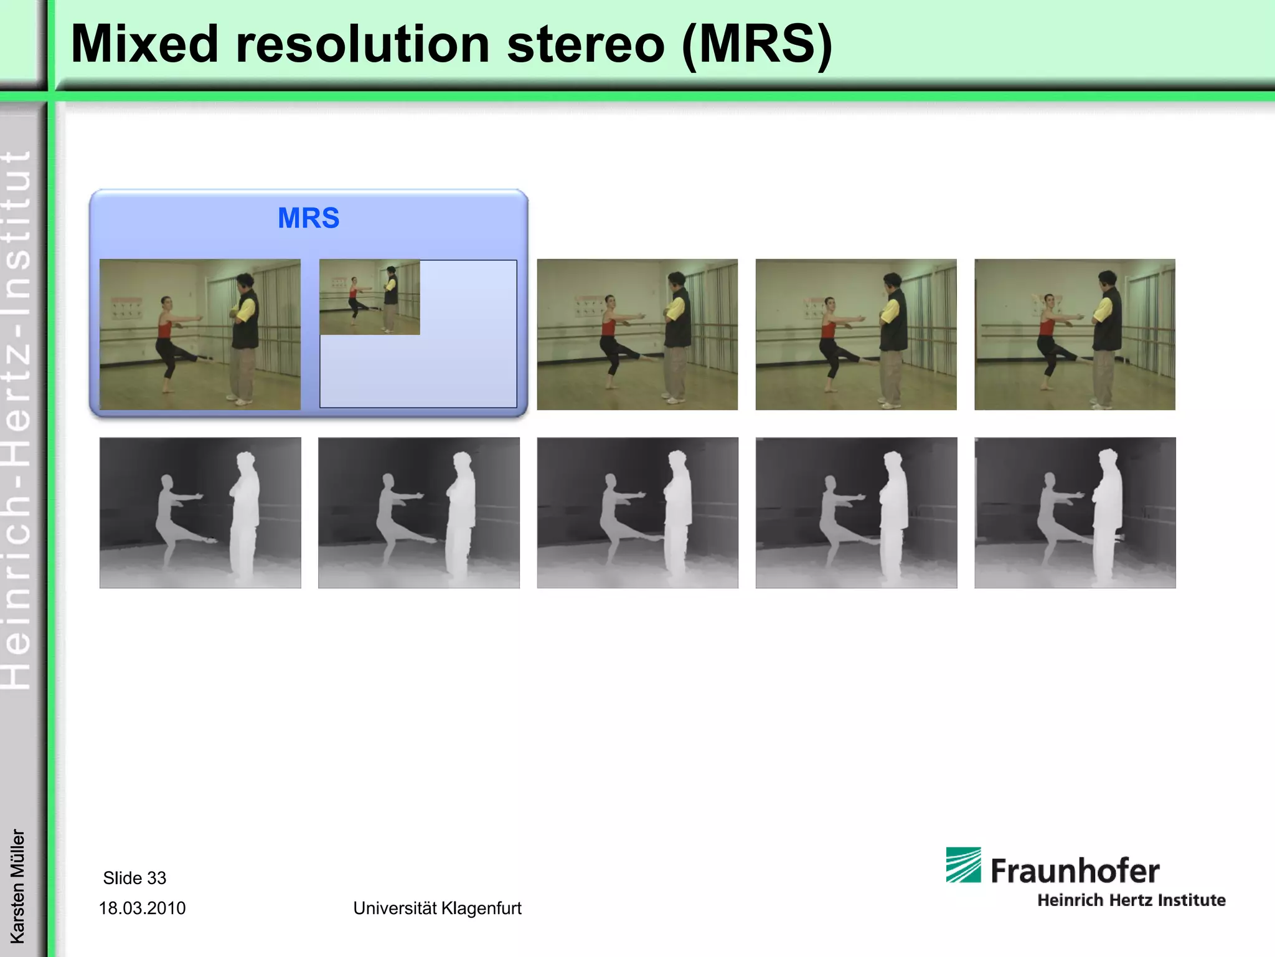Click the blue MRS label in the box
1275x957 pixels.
tap(308, 218)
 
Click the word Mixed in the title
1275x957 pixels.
tap(144, 44)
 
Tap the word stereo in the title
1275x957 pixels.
tap(586, 44)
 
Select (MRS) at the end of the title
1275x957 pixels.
tap(756, 44)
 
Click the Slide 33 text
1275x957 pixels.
tap(134, 878)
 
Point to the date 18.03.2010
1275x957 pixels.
tap(142, 908)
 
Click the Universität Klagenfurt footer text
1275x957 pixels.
tap(437, 908)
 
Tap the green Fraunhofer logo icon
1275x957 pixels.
tap(963, 864)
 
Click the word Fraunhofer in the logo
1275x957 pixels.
tap(1075, 870)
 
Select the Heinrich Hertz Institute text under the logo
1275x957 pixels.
tap(1131, 900)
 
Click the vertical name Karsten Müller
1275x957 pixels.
tap(17, 885)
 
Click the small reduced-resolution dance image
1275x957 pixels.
tap(370, 297)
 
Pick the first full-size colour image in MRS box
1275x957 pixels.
tap(200, 335)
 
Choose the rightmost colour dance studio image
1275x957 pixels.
tap(1075, 335)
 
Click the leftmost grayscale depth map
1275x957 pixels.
tap(200, 513)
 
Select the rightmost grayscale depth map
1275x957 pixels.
tap(1075, 513)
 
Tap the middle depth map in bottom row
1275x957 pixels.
tap(637, 513)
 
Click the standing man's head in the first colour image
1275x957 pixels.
tap(245, 283)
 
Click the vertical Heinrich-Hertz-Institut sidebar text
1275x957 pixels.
tap(17, 417)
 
